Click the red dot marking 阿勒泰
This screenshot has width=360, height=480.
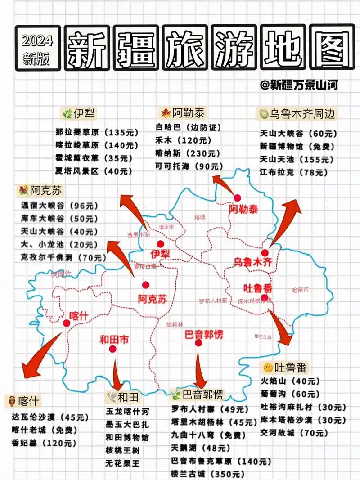237,198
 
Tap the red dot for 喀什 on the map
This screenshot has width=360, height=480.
67,323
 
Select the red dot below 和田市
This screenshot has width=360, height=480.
112,349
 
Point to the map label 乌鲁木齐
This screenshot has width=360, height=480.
252,262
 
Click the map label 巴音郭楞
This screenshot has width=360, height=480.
203,334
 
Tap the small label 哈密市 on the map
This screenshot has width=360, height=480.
300,290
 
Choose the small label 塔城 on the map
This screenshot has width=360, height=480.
199,217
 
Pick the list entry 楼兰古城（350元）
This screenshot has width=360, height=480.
207,474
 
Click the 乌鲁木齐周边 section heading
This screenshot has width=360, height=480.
297,114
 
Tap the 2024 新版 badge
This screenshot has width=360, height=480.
37,49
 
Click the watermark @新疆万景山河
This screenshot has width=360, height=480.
299,85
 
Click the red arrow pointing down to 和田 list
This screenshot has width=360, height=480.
117,375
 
